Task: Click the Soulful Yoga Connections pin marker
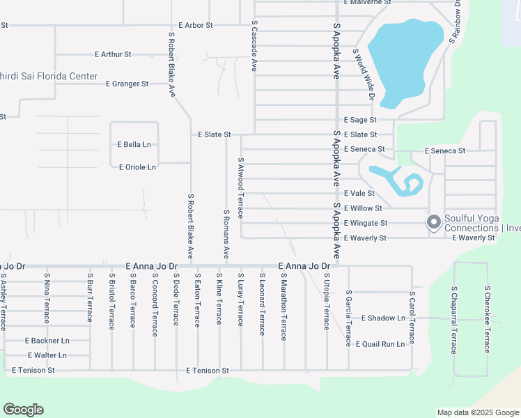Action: [x=433, y=222]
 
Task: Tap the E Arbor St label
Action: [x=195, y=25]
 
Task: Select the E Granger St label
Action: [x=127, y=84]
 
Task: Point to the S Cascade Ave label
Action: [x=254, y=46]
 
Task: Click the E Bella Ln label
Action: [x=134, y=145]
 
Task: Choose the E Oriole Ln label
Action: [x=137, y=167]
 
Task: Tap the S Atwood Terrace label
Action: [x=241, y=188]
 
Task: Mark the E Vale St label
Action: [x=359, y=193]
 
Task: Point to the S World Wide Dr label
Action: [x=364, y=75]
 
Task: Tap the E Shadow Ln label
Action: [x=383, y=318]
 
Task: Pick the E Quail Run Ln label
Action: [x=380, y=344]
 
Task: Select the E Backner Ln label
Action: [x=47, y=341]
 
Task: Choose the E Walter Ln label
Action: [x=46, y=355]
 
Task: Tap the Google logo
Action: [x=23, y=410]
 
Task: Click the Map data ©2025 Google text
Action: [x=478, y=412]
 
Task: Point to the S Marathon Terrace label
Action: [x=283, y=307]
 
